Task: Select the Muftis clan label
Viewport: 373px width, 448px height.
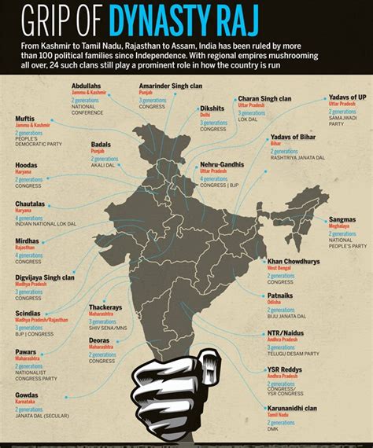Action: click(x=25, y=119)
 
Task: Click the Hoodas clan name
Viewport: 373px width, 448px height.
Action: click(x=27, y=165)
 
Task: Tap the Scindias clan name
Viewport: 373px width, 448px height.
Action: click(x=28, y=313)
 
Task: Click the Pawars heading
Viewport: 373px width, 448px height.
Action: click(x=27, y=351)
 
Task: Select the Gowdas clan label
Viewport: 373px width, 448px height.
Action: click(x=27, y=396)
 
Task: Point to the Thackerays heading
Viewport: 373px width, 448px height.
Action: click(x=106, y=307)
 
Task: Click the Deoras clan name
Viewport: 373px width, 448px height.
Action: click(x=100, y=340)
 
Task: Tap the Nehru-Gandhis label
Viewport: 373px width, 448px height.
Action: click(x=222, y=164)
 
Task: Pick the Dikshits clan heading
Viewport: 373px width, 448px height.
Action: click(x=212, y=108)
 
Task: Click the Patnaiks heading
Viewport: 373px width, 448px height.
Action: click(x=282, y=295)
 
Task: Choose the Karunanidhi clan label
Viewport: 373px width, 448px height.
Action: click(x=294, y=409)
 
